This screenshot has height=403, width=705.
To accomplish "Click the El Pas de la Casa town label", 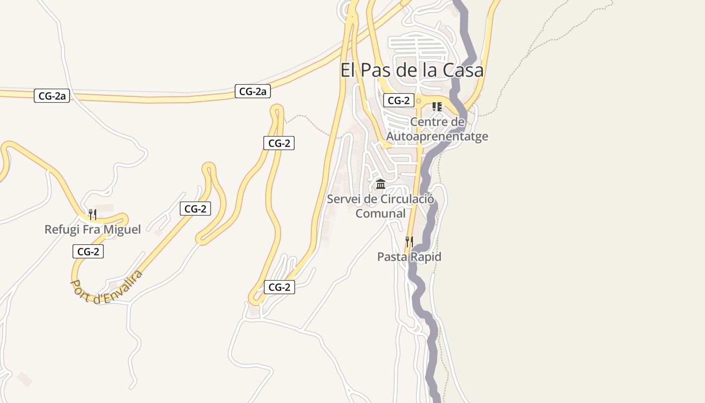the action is tap(412, 70).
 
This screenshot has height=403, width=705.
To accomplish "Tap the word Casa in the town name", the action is tap(463, 70).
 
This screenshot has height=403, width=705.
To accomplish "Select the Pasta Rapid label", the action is tap(409, 257).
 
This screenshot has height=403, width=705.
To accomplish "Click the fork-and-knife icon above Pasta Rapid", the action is tap(409, 242).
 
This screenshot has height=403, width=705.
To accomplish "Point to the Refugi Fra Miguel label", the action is tap(93, 230).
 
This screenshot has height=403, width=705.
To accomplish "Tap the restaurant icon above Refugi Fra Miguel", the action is tap(92, 215).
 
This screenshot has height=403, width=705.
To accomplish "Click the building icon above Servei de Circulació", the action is tap(381, 184).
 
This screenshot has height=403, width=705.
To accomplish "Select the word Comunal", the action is tap(380, 214).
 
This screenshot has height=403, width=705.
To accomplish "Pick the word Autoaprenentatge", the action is tap(437, 137).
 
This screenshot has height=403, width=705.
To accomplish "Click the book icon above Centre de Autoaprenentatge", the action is tap(437, 106).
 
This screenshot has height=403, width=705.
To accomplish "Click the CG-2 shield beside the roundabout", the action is tap(398, 100).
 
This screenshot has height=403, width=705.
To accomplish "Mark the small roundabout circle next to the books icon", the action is tap(418, 101).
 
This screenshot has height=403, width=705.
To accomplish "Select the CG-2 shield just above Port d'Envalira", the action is tap(88, 251).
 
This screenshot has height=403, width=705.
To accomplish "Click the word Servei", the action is tap(344, 199).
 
